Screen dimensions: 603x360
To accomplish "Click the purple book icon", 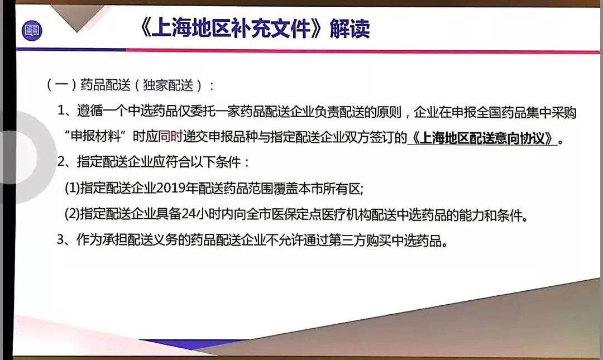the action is click(32, 30).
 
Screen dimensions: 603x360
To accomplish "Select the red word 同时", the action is click(170, 137).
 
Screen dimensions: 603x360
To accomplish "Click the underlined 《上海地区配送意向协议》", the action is click(482, 138).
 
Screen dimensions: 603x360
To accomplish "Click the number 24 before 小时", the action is click(189, 214).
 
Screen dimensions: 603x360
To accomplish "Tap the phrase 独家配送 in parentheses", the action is click(168, 85).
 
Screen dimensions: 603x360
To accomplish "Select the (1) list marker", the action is click(72, 189).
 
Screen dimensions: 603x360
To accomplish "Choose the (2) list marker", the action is click(72, 214).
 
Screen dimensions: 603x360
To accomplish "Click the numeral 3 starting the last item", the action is click(60, 239).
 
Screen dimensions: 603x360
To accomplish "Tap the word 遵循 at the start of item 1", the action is click(89, 111).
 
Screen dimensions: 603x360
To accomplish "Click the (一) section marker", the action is click(61, 85).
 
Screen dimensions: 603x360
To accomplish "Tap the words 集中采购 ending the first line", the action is click(552, 112).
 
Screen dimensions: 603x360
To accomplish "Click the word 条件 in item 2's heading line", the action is click(228, 162).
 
